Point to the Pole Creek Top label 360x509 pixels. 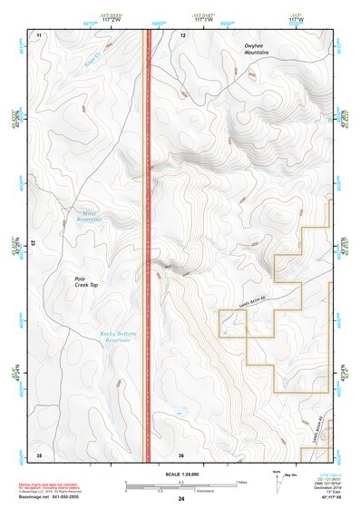tap(85, 281)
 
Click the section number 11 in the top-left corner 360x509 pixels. tap(39, 34)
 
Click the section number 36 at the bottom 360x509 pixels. tap(182, 454)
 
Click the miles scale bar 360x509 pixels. tap(180, 482)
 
